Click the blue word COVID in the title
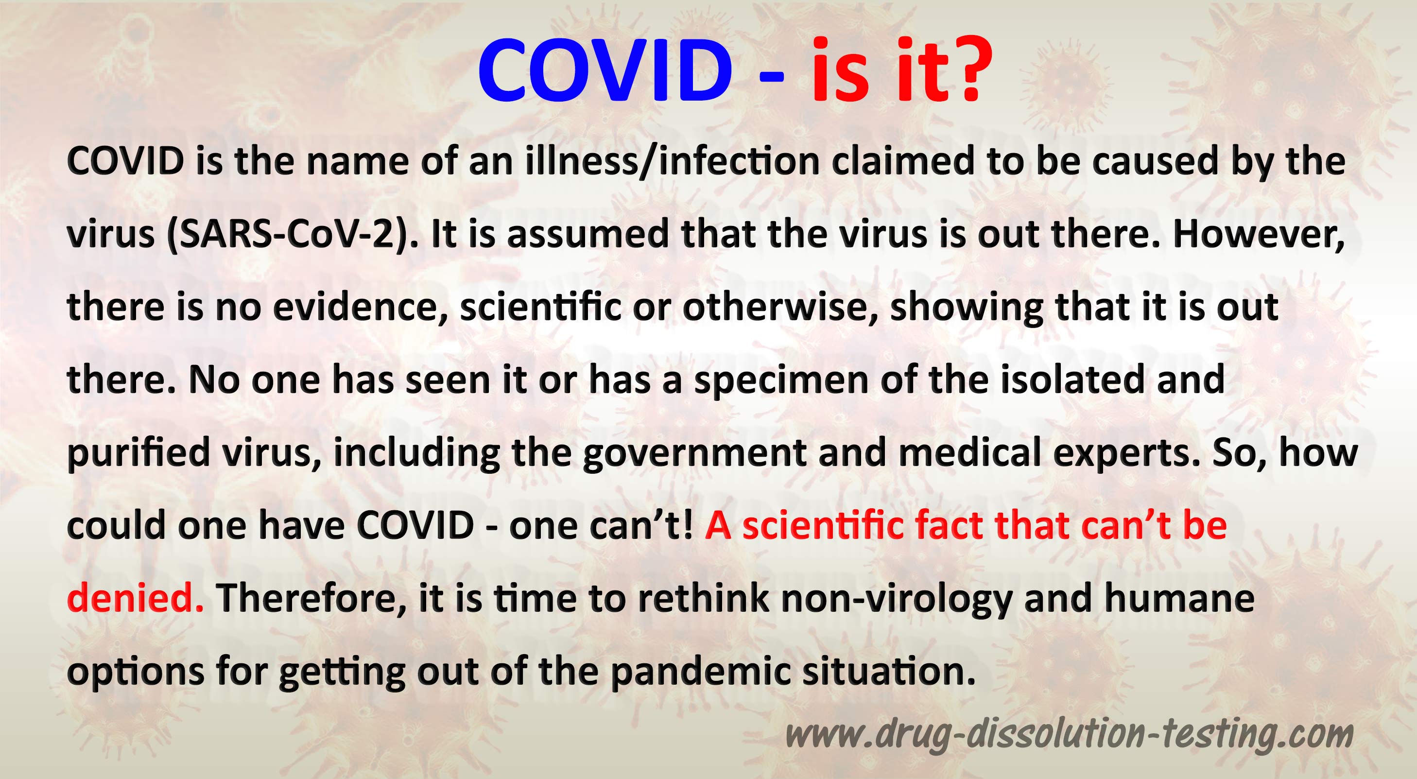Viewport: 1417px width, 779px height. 605,70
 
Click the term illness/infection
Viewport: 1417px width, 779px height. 672,161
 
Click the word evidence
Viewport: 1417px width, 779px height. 360,307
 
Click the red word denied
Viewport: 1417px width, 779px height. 135,598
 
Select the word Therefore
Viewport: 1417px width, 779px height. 311,598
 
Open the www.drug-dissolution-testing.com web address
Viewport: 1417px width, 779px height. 1069,735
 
